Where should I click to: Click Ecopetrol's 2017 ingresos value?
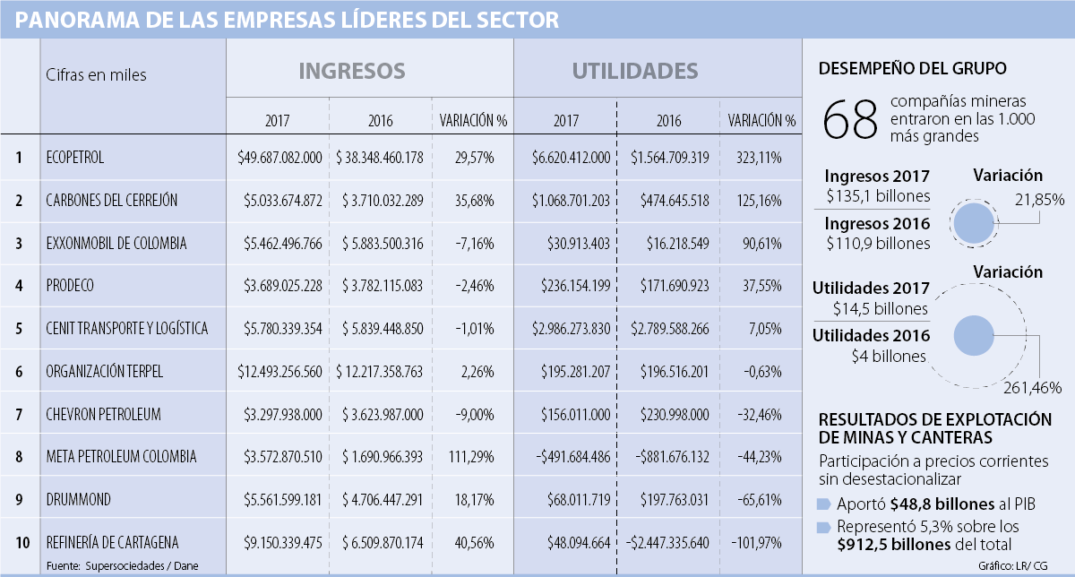(279, 158)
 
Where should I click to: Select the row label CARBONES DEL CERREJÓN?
(112, 201)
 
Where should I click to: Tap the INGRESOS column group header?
(351, 71)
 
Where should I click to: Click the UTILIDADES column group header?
(635, 71)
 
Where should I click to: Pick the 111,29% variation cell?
(474, 457)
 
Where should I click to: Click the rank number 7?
(19, 414)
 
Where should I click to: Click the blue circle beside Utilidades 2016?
(974, 336)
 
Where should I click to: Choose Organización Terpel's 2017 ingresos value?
(279, 371)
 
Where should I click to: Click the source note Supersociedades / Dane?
(142, 565)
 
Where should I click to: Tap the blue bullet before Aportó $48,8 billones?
(824, 504)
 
